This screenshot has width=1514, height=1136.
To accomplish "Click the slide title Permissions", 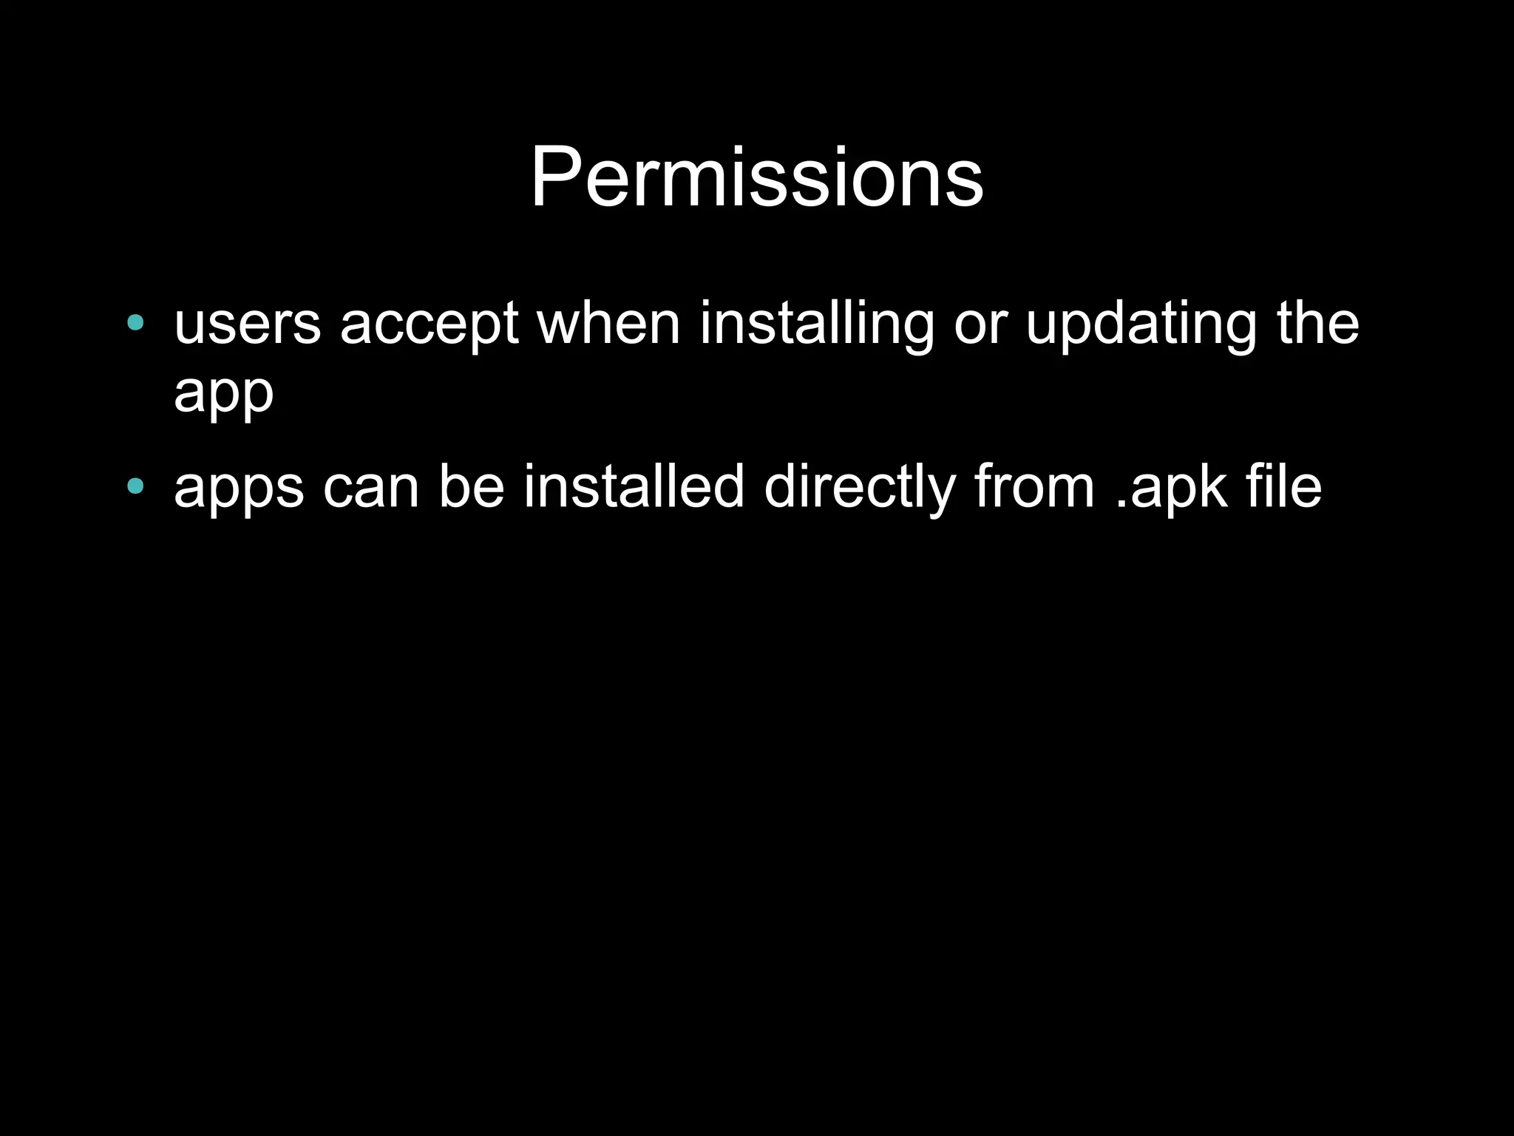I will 756,178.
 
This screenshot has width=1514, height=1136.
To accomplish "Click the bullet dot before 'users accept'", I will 135,322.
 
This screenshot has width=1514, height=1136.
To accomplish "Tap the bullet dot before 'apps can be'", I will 135,486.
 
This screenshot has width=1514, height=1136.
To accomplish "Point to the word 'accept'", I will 430,325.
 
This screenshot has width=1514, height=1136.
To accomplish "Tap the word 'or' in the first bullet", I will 980,325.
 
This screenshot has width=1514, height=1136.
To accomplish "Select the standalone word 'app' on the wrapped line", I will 223,393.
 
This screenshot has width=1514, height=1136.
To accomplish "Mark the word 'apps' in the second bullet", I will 239,488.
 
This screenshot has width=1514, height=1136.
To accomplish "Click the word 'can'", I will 372,488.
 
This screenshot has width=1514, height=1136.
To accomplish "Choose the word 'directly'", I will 860,488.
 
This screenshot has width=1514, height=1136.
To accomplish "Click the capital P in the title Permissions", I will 555,178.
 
